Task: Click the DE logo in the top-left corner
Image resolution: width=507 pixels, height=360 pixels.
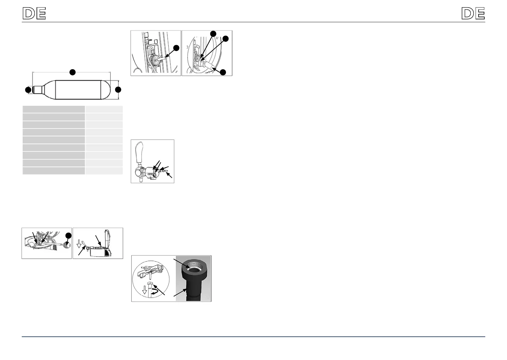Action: [x=34, y=14]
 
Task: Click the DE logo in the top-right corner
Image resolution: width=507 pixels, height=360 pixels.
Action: [x=473, y=14]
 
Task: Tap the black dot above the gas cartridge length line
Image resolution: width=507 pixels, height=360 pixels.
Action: [x=72, y=72]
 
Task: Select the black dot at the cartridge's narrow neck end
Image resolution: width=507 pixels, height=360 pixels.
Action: [x=28, y=90]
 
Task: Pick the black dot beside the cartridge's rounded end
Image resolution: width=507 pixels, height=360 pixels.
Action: [x=118, y=89]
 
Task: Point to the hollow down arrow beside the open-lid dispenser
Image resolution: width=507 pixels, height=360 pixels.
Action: [x=79, y=243]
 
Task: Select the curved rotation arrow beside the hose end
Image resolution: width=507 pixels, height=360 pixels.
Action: [x=155, y=292]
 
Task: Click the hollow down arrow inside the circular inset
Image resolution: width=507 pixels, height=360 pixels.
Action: [x=145, y=290]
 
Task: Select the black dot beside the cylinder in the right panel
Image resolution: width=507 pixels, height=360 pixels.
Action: [x=223, y=72]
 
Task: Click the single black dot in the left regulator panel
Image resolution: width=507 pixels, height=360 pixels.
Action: [x=176, y=48]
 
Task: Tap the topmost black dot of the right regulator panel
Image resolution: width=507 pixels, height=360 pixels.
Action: [x=213, y=34]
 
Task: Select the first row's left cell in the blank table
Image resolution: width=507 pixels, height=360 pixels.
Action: [x=53, y=109]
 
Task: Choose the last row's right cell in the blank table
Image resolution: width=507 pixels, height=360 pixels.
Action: [x=104, y=170]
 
